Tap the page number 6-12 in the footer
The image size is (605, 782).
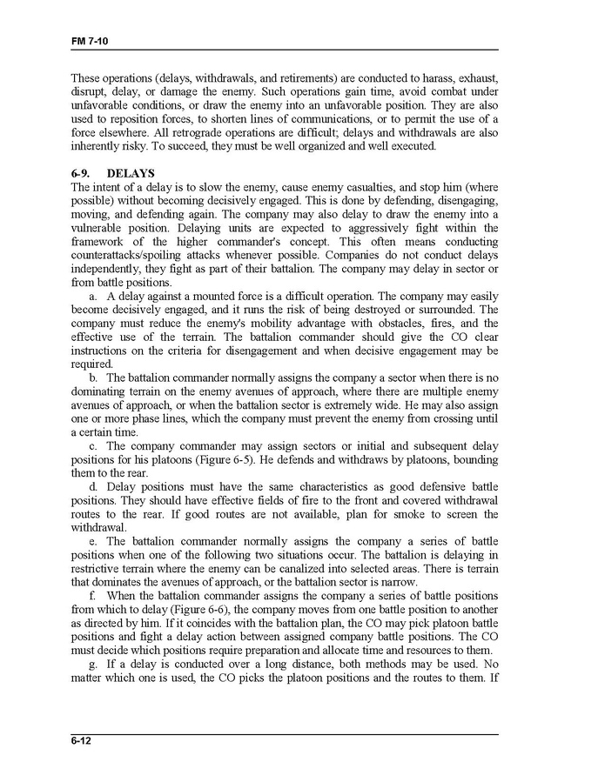[82, 741]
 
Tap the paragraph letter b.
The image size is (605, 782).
[92, 378]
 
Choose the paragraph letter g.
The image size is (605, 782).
[92, 663]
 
